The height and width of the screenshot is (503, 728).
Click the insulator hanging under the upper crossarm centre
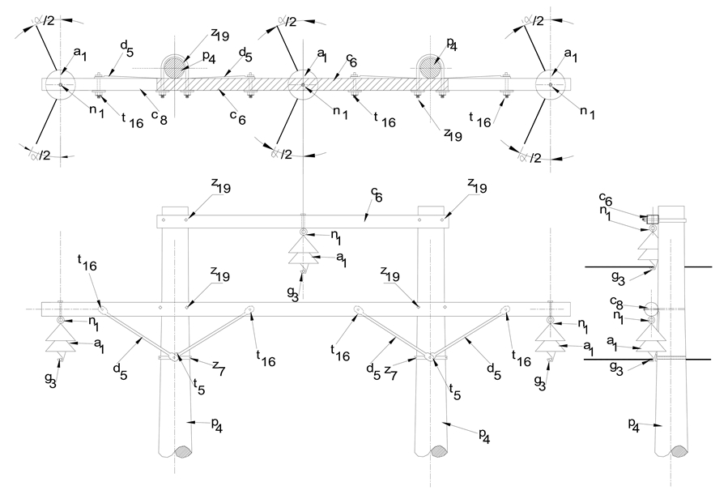302,259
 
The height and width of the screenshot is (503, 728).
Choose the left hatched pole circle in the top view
172,67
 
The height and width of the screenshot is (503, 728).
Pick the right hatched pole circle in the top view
430,67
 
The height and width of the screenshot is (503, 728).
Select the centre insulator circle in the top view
302,83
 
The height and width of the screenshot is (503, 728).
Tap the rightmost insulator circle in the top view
551,83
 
